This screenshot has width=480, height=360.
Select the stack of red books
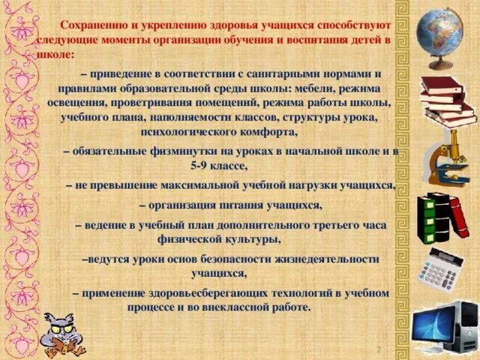tap(448, 100)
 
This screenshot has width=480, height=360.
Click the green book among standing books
tap(429, 218)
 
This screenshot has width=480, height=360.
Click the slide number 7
tap(378, 350)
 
